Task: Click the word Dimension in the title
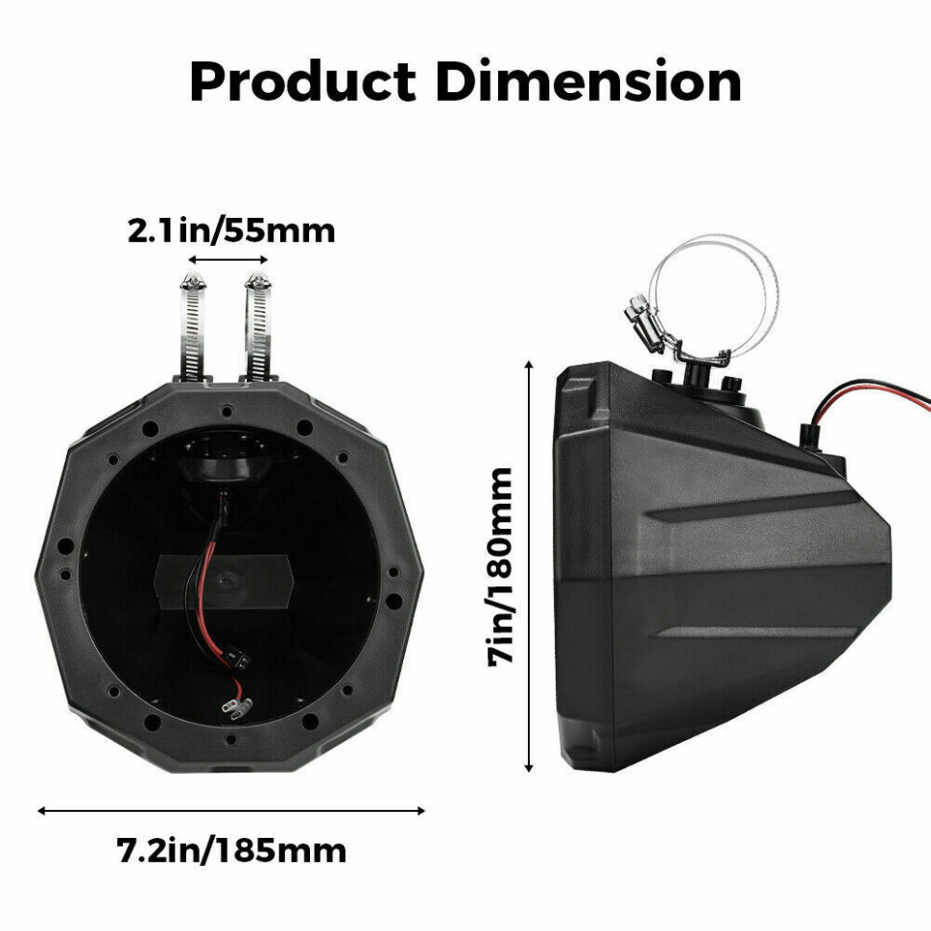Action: tap(588, 83)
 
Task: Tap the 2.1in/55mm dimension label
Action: tap(231, 231)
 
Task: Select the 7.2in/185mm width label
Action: tap(231, 849)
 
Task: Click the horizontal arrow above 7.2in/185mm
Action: tap(230, 810)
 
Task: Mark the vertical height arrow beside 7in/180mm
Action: tap(529, 565)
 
